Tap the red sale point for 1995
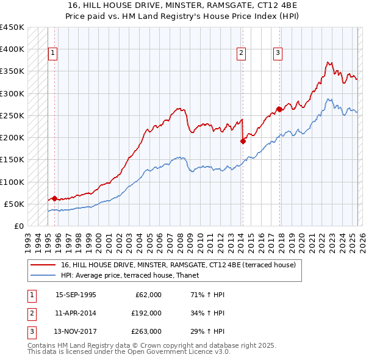[54, 198]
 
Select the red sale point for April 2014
[243, 141]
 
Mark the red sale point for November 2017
[279, 109]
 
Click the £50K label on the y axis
[15, 204]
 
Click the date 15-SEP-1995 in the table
[76, 295]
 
